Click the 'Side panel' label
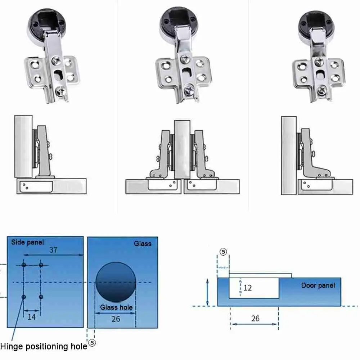pyautogui.click(x=28, y=242)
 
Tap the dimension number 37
pyautogui.click(x=53, y=250)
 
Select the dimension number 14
pyautogui.click(x=32, y=316)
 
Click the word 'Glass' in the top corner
pyautogui.click(x=143, y=244)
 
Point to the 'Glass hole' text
pyautogui.click(x=116, y=307)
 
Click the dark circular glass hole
pyautogui.click(x=116, y=282)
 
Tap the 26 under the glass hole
pyautogui.click(x=116, y=319)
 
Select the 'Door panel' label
pyautogui.click(x=318, y=285)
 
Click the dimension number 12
pyautogui.click(x=247, y=288)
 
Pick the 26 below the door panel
pyautogui.click(x=255, y=318)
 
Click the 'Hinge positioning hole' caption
pyautogui.click(x=44, y=347)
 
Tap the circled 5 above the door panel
pyautogui.click(x=224, y=252)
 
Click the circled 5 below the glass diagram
pyautogui.click(x=92, y=343)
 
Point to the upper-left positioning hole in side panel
pyautogui.click(x=24, y=265)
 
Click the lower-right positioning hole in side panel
pyautogui.click(x=41, y=297)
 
